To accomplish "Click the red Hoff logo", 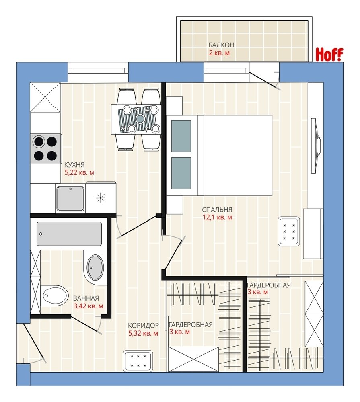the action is point(329,54).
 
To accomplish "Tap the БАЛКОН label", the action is point(221,45).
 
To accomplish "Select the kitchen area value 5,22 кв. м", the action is point(79,172).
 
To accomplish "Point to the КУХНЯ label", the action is point(74,164).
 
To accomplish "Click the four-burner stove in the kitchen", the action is point(46,149).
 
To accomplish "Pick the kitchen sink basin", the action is point(70,199).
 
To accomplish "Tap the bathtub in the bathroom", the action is point(69,234).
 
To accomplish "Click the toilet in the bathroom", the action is point(54,295).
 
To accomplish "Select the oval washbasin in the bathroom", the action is point(95,267).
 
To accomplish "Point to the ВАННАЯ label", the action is point(86,298).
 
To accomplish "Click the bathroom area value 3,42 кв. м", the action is point(88,306).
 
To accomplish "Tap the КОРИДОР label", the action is point(144,326).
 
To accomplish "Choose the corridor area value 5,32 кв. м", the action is point(143,333).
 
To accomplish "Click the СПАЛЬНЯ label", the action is point(217,210).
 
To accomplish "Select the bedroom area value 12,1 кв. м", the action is point(217,217).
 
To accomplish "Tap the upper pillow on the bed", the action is point(181,136).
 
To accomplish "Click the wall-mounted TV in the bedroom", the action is point(315,146).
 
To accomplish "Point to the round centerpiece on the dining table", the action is point(140,119).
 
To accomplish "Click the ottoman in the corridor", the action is point(138,361).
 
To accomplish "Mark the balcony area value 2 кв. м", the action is point(219,53).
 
